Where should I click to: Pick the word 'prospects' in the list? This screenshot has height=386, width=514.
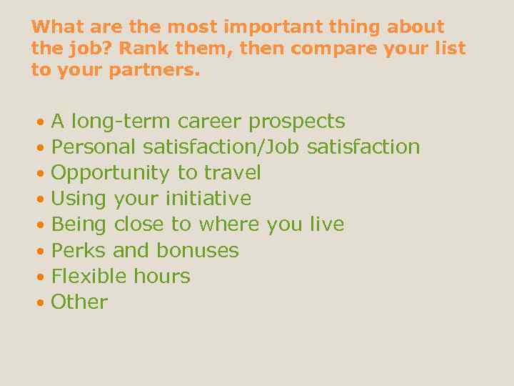coord(296,122)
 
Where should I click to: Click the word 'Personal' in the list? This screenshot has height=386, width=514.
coord(94,147)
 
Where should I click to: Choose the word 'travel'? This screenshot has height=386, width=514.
coord(232,173)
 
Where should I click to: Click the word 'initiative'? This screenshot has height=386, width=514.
coord(208,199)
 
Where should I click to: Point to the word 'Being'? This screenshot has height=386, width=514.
coord(79,225)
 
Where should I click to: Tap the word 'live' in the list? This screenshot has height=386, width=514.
coord(327,224)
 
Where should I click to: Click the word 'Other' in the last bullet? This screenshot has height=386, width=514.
coord(79,302)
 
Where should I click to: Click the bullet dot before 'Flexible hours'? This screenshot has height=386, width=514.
coord(41,277)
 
